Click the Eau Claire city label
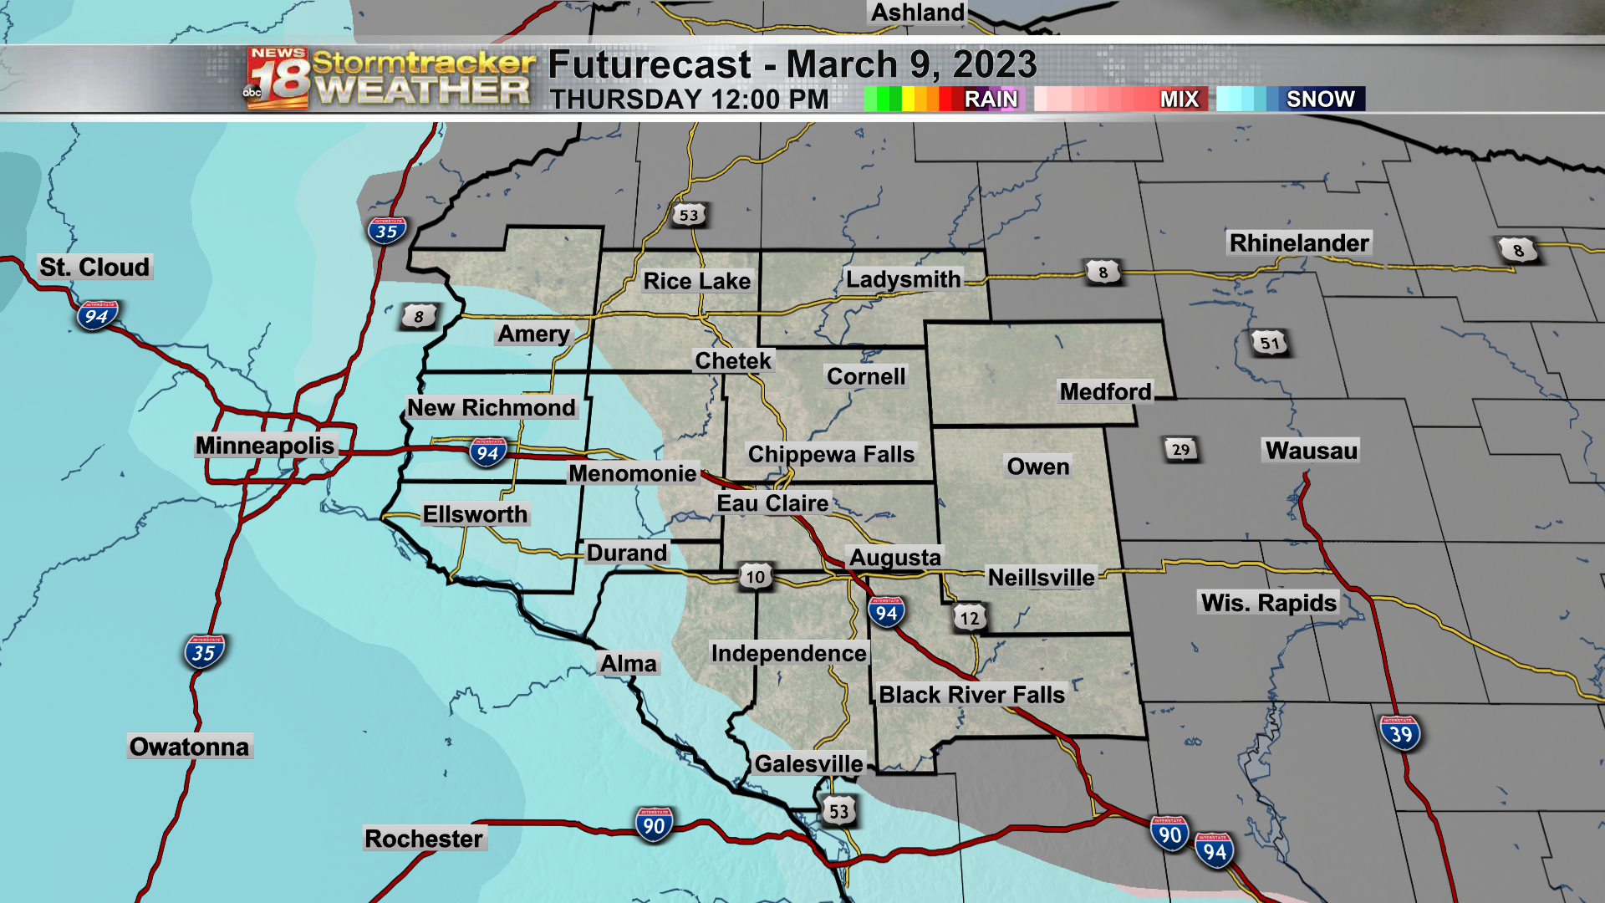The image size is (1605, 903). pos(772,503)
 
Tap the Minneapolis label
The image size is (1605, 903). pos(265,446)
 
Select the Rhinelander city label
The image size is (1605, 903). pos(1299,243)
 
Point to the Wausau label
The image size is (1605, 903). pos(1311,451)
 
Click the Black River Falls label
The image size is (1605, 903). pos(971,695)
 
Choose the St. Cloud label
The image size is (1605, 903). pos(94,268)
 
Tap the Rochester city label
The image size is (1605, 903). pos(424,839)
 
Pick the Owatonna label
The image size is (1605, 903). pos(189,747)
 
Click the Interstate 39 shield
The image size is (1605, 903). pos(1400,734)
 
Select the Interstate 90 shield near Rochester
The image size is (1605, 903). pos(654,825)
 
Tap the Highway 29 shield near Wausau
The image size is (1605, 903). pos(1180,450)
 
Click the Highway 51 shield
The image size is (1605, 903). pos(1270,343)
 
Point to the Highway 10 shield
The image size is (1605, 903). pos(755,577)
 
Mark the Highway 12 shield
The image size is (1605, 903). pos(969,619)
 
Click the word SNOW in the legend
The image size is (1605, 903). pos(1320,99)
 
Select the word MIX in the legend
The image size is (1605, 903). pos(1180,99)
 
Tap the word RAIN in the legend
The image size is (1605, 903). pos(991,99)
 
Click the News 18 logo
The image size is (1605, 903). pos(278,78)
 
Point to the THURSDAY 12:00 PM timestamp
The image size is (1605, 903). pos(689,99)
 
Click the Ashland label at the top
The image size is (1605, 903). pos(918,13)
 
